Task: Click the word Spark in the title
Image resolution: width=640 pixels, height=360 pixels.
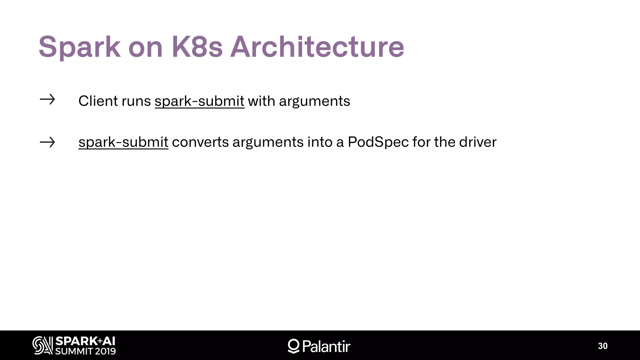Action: click(x=79, y=47)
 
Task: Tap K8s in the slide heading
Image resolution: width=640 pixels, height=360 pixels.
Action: click(x=197, y=47)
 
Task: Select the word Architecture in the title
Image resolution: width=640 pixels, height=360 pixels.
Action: click(x=317, y=47)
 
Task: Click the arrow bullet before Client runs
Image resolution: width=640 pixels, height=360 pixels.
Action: click(x=47, y=100)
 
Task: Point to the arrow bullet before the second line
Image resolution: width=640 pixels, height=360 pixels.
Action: click(x=47, y=142)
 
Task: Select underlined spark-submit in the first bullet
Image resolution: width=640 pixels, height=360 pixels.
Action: click(x=199, y=101)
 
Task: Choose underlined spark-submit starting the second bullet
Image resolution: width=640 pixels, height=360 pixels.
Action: click(x=123, y=142)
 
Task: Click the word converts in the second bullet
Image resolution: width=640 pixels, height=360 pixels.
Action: click(x=200, y=142)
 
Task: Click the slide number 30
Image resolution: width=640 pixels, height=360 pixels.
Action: click(x=602, y=346)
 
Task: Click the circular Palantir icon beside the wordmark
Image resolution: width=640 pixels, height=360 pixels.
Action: click(x=293, y=346)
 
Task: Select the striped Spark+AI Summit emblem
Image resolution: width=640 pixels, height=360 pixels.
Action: click(x=42, y=345)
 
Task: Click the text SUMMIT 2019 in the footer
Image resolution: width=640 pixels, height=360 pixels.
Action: click(x=85, y=351)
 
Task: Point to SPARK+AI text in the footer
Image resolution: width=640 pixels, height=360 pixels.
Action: click(x=85, y=341)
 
